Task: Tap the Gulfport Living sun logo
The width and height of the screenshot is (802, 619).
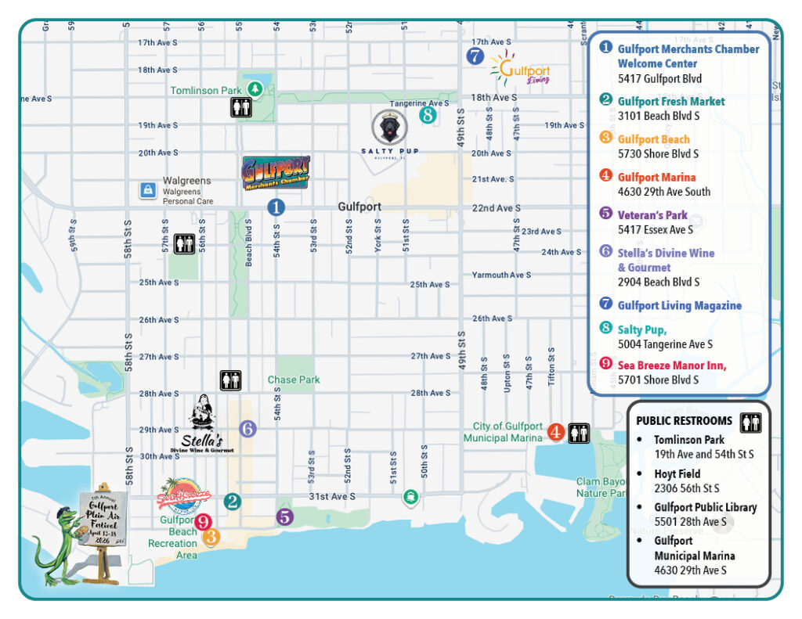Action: coord(519,69)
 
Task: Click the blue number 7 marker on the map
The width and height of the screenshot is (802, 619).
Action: coord(475,56)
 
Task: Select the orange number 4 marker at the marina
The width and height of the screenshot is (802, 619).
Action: coord(555,432)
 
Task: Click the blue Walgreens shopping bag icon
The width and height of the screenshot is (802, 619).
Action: coord(146,189)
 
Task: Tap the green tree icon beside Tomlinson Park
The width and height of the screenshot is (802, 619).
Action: coord(254,89)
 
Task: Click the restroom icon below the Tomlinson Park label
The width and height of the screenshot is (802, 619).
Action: coord(241,108)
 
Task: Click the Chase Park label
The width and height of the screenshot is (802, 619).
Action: coord(294,380)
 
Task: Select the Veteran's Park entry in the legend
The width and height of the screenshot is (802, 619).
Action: coord(652,215)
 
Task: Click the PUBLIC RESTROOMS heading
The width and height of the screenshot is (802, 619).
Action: coord(684,421)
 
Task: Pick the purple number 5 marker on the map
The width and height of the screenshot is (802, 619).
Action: coord(284,516)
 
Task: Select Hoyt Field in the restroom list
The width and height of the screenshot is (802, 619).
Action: coord(677,474)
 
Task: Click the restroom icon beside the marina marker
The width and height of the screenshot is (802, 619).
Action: coord(579,433)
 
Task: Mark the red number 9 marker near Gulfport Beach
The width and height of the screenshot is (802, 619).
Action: coord(203,522)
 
